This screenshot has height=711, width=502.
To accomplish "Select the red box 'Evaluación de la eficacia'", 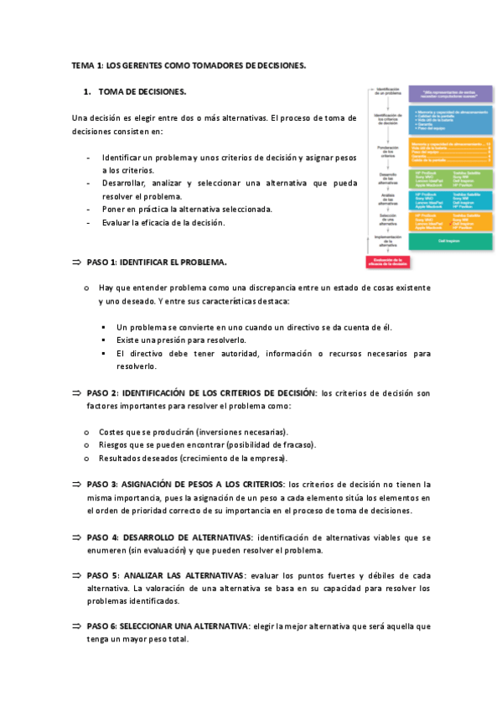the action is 387,262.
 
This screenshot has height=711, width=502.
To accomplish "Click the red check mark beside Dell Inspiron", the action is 452,224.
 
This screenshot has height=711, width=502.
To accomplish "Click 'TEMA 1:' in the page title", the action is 87,65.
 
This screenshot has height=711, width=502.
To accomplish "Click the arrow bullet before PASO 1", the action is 76,262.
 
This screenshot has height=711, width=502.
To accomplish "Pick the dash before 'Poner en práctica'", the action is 88,209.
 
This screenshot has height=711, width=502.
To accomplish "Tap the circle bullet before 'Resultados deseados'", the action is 87,458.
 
